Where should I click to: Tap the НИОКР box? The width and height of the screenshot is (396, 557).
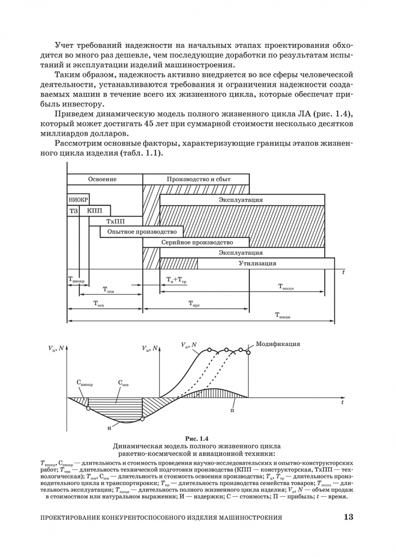78,200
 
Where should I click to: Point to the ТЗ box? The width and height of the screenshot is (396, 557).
73,210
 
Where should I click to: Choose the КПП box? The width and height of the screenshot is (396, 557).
95,210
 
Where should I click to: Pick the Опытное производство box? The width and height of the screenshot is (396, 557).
142,232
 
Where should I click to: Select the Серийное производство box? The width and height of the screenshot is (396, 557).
196,242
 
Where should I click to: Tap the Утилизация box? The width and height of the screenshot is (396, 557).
257,264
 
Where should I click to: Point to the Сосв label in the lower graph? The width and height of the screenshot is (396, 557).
124,384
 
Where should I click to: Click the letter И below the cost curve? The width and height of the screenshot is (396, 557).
109,429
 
